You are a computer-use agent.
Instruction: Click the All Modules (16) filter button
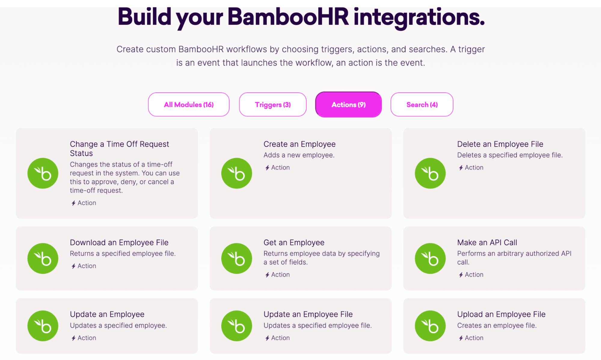coord(189,105)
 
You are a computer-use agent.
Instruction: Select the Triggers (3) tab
coord(273,105)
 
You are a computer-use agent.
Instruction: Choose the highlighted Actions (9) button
coord(348,105)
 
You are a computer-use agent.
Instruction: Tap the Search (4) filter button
coord(422,105)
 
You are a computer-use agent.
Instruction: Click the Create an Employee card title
coord(299,144)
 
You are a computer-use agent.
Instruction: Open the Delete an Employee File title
coord(500,144)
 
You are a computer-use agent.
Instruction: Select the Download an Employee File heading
coord(119,243)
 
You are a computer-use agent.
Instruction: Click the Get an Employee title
coord(294,243)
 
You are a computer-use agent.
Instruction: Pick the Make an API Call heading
coord(487,243)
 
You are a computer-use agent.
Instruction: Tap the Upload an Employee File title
coord(501,314)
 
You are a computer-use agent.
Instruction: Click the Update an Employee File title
coord(308,314)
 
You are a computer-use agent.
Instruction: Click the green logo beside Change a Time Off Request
coord(43,173)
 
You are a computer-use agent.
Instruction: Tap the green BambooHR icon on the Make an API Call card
coord(430,258)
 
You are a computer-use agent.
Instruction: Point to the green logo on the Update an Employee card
coord(43,326)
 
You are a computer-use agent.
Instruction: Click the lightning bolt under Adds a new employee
coord(267,168)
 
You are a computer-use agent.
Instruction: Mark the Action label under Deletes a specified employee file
coord(474,168)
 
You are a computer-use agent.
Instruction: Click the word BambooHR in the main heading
coord(288,17)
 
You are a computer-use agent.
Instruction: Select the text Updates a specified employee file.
coord(317,325)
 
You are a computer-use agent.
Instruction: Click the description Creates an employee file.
coord(497,325)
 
